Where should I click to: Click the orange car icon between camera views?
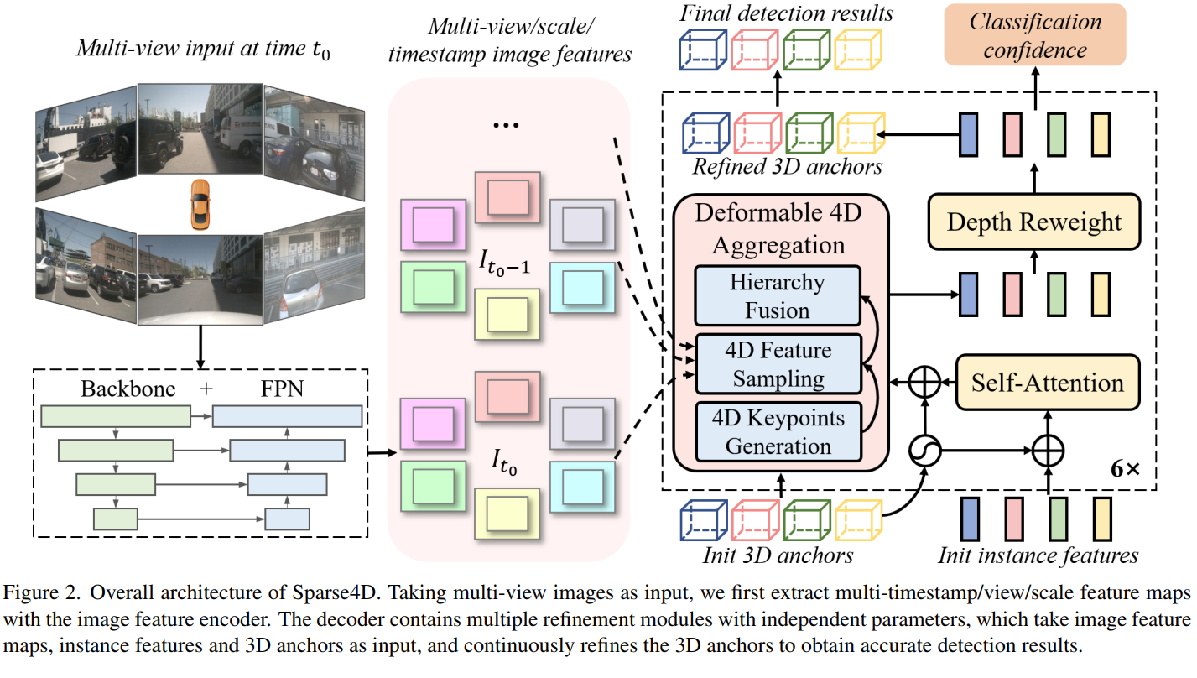pyautogui.click(x=200, y=205)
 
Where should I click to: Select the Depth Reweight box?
pyautogui.click(x=1034, y=222)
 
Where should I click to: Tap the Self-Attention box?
pyautogui.click(x=1048, y=383)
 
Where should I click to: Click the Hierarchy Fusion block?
pyautogui.click(x=778, y=295)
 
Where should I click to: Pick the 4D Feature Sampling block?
pyautogui.click(x=778, y=364)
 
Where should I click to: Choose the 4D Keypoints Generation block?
pyautogui.click(x=778, y=431)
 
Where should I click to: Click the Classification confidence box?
pyautogui.click(x=1035, y=35)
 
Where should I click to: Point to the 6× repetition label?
pyautogui.click(x=1125, y=469)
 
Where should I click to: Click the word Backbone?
pyautogui.click(x=128, y=389)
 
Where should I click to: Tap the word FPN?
pyautogui.click(x=282, y=389)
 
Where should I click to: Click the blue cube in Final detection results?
pyautogui.click(x=703, y=50)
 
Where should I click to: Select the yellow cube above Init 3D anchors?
pyautogui.click(x=859, y=520)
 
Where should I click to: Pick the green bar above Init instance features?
pyautogui.click(x=1058, y=519)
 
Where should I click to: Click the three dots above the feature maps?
pyautogui.click(x=506, y=125)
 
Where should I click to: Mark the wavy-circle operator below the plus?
pyautogui.click(x=925, y=451)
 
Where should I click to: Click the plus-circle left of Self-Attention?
pyautogui.click(x=925, y=382)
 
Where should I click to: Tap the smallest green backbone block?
pyautogui.click(x=116, y=519)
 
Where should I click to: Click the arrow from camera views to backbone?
pyautogui.click(x=200, y=347)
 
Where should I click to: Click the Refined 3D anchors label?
pyautogui.click(x=787, y=166)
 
